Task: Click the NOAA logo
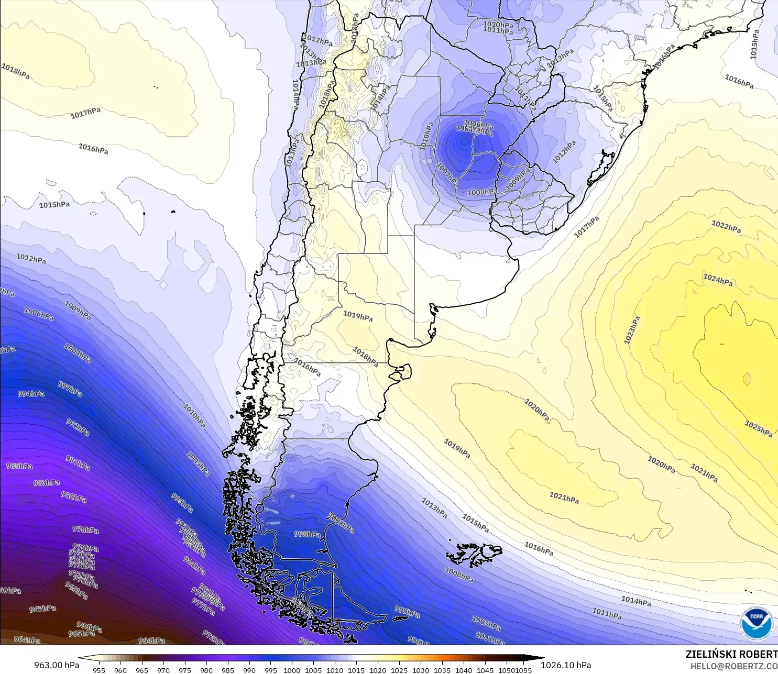pos(757,623)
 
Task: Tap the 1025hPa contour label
pos(759,428)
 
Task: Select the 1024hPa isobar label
pos(718,280)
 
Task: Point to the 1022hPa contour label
pos(726,227)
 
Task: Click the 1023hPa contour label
pos(632,330)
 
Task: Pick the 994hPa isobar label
pos(31,393)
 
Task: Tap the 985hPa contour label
pos(19,466)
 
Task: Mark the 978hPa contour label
pos(85,529)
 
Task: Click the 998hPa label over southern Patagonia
pos(307,534)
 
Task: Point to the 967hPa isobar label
pos(42,609)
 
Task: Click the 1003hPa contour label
pos(486,623)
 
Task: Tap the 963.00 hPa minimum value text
pos(57,665)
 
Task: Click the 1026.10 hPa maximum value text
pos(566,665)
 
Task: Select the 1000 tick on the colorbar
pos(292,670)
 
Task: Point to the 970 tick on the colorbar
pos(163,670)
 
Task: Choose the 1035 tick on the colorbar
pos(442,670)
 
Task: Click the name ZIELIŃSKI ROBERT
pos(731,654)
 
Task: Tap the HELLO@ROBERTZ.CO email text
pos(733,666)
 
